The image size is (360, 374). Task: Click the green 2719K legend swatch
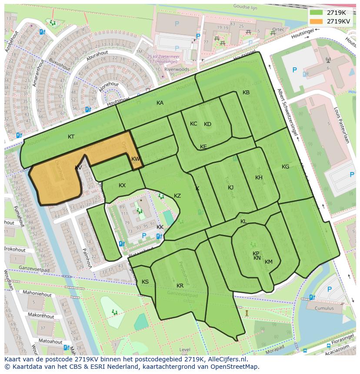[316, 13]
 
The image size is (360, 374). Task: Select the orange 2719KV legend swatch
[316, 21]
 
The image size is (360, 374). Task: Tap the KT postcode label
[71, 137]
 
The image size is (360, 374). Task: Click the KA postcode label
[160, 103]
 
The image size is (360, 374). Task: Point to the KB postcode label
[246, 93]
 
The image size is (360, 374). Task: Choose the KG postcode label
[285, 167]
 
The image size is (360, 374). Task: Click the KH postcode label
[259, 178]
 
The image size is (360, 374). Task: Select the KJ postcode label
[231, 188]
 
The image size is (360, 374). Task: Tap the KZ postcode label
[177, 196]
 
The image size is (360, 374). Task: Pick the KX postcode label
[122, 185]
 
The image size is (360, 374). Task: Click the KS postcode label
[145, 282]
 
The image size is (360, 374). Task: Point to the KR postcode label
[180, 286]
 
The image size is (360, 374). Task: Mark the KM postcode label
[269, 262]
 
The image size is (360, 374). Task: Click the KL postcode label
[243, 222]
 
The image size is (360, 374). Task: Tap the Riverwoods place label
[177, 69]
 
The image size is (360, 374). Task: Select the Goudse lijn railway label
[246, 7]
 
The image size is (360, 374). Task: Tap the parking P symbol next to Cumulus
[329, 289]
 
